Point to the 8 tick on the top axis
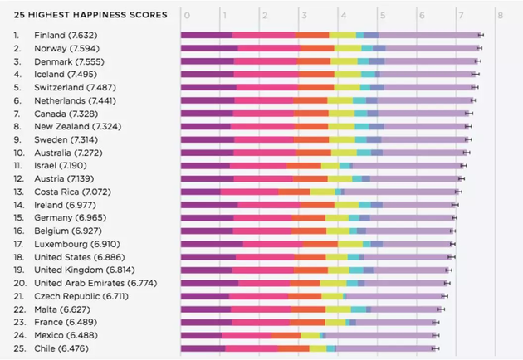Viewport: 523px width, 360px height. [x=499, y=15]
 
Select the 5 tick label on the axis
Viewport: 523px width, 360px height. [x=381, y=15]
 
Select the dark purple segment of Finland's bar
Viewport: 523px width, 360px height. [x=206, y=36]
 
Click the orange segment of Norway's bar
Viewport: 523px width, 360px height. [x=316, y=48]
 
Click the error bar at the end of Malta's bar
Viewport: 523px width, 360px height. [x=442, y=309]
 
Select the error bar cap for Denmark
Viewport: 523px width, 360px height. [x=477, y=61]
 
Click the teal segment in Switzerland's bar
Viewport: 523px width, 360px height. [x=366, y=87]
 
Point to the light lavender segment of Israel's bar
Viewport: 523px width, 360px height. [x=406, y=166]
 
